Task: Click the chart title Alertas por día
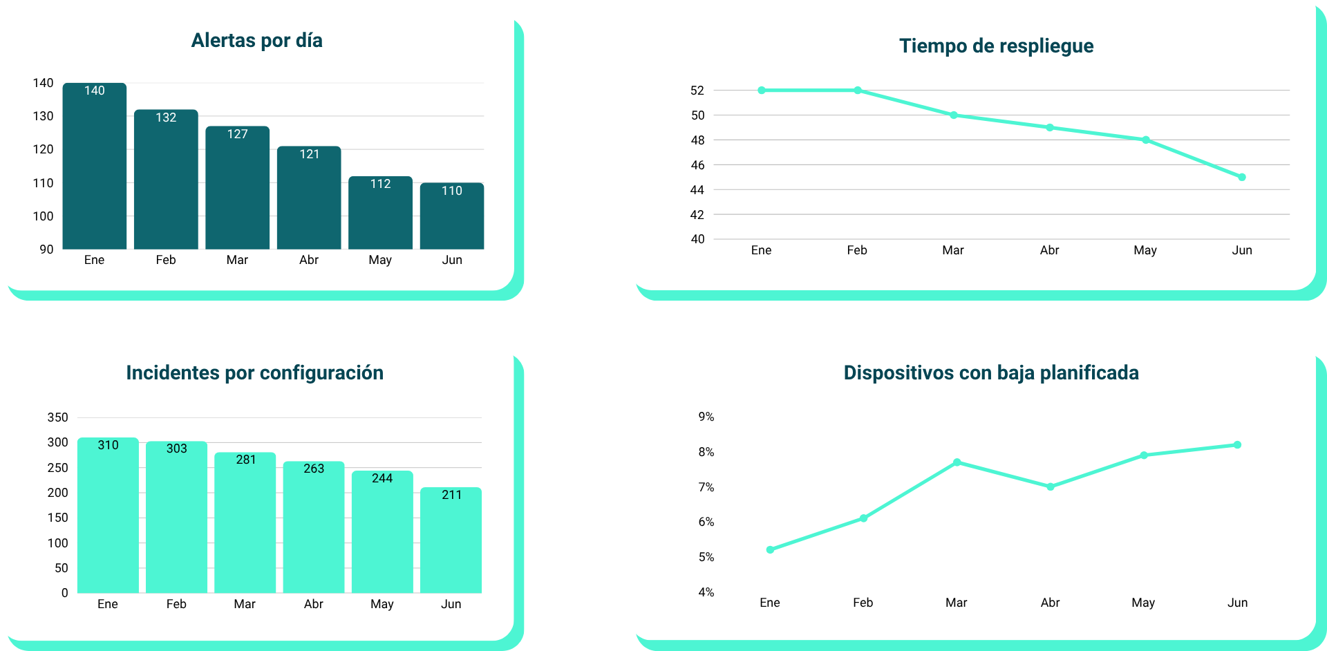(x=256, y=41)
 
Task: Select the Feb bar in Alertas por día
(x=166, y=180)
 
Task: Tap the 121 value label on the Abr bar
(x=309, y=154)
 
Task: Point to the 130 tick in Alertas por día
(x=43, y=116)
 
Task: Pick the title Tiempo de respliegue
(x=996, y=46)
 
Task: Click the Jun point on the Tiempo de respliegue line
(x=1242, y=178)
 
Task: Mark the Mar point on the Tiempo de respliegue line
(x=954, y=115)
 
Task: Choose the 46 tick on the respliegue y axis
(x=697, y=165)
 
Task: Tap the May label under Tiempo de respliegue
(x=1145, y=250)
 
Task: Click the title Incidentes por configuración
(x=254, y=373)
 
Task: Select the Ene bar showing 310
(x=108, y=516)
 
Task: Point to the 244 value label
(x=382, y=478)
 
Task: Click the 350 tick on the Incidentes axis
(x=57, y=417)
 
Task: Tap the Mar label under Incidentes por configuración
(x=245, y=604)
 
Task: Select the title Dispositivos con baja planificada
(x=991, y=373)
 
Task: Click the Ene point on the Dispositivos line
(x=771, y=550)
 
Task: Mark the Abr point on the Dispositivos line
(x=1051, y=487)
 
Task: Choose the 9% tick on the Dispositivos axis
(x=706, y=417)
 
